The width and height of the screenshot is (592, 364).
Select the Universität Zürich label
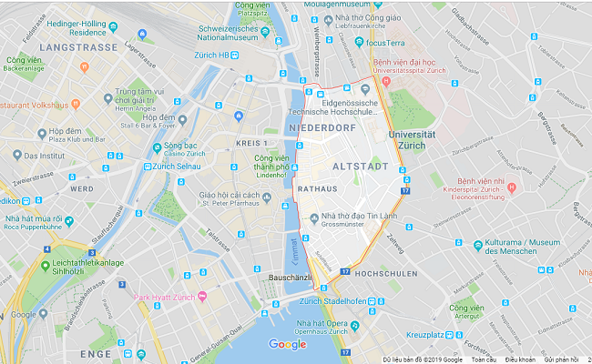click(x=418, y=140)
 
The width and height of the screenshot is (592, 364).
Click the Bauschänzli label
click(x=292, y=277)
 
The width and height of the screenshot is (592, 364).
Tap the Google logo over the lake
click(x=287, y=344)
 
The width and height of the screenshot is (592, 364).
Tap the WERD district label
click(x=81, y=188)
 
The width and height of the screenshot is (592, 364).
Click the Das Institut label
click(x=44, y=156)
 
